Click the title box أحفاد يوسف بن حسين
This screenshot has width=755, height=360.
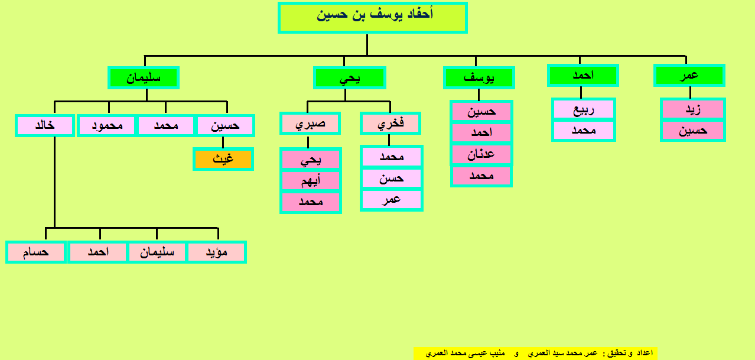pos(372,18)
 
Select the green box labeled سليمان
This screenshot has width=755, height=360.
pos(144,77)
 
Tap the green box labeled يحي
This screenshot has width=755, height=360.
pos(350,77)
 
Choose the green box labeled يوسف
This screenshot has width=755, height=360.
pos(479,77)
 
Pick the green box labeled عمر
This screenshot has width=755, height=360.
pos(689,75)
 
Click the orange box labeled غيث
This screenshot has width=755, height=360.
pos(223,159)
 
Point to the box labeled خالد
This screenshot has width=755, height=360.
pos(45,125)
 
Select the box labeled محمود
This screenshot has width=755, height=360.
pos(107,125)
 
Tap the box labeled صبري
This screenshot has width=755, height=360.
pos(310,123)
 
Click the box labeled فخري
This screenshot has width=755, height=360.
pos(390,123)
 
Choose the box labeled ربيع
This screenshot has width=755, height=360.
pos(584,109)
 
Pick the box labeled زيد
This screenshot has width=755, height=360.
pos(692,109)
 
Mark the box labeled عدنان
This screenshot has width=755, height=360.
pos(481,154)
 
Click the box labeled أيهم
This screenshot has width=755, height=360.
pos(311,180)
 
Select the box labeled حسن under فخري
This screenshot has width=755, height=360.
pos(391,178)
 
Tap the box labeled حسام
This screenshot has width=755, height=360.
pos(35,252)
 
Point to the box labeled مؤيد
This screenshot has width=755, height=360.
pos(216,252)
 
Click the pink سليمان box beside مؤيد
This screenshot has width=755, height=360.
pos(157,252)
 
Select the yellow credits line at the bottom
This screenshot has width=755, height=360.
pos(536,353)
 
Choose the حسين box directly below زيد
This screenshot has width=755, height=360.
pos(692,131)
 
